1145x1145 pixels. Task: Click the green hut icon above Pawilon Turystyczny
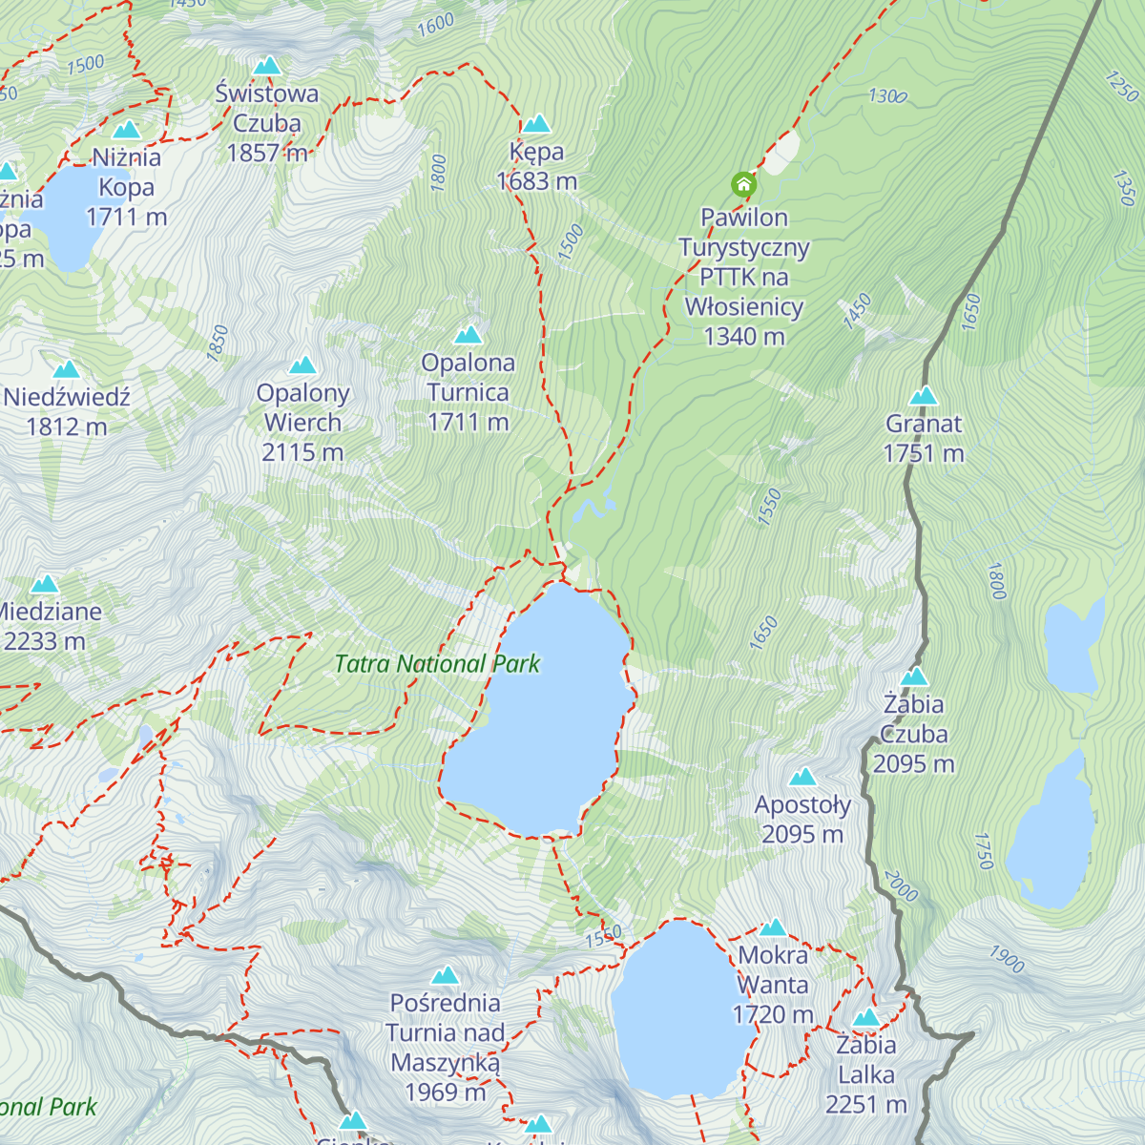point(743,184)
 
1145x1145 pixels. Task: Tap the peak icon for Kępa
point(536,124)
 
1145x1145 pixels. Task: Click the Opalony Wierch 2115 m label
point(302,422)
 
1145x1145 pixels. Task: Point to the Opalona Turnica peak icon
point(468,335)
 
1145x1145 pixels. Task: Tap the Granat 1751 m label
point(924,438)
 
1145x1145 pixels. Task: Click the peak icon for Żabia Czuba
point(914,677)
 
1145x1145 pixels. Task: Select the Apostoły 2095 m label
point(802,819)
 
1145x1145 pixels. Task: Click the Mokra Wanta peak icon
point(773,927)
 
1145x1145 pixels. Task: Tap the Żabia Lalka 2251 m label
point(865,1074)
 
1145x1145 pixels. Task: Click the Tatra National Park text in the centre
point(437,664)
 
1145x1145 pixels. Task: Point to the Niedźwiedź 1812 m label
point(67,411)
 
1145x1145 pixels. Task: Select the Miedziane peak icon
point(45,585)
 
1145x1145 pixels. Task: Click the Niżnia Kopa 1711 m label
point(127,187)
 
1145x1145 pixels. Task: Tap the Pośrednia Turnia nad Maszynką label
point(446,1047)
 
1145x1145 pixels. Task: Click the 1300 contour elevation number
point(887,96)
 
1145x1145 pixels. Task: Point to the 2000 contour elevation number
point(901,886)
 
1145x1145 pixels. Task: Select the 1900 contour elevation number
point(1007,958)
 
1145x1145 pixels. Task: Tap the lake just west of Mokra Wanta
point(677,1011)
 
